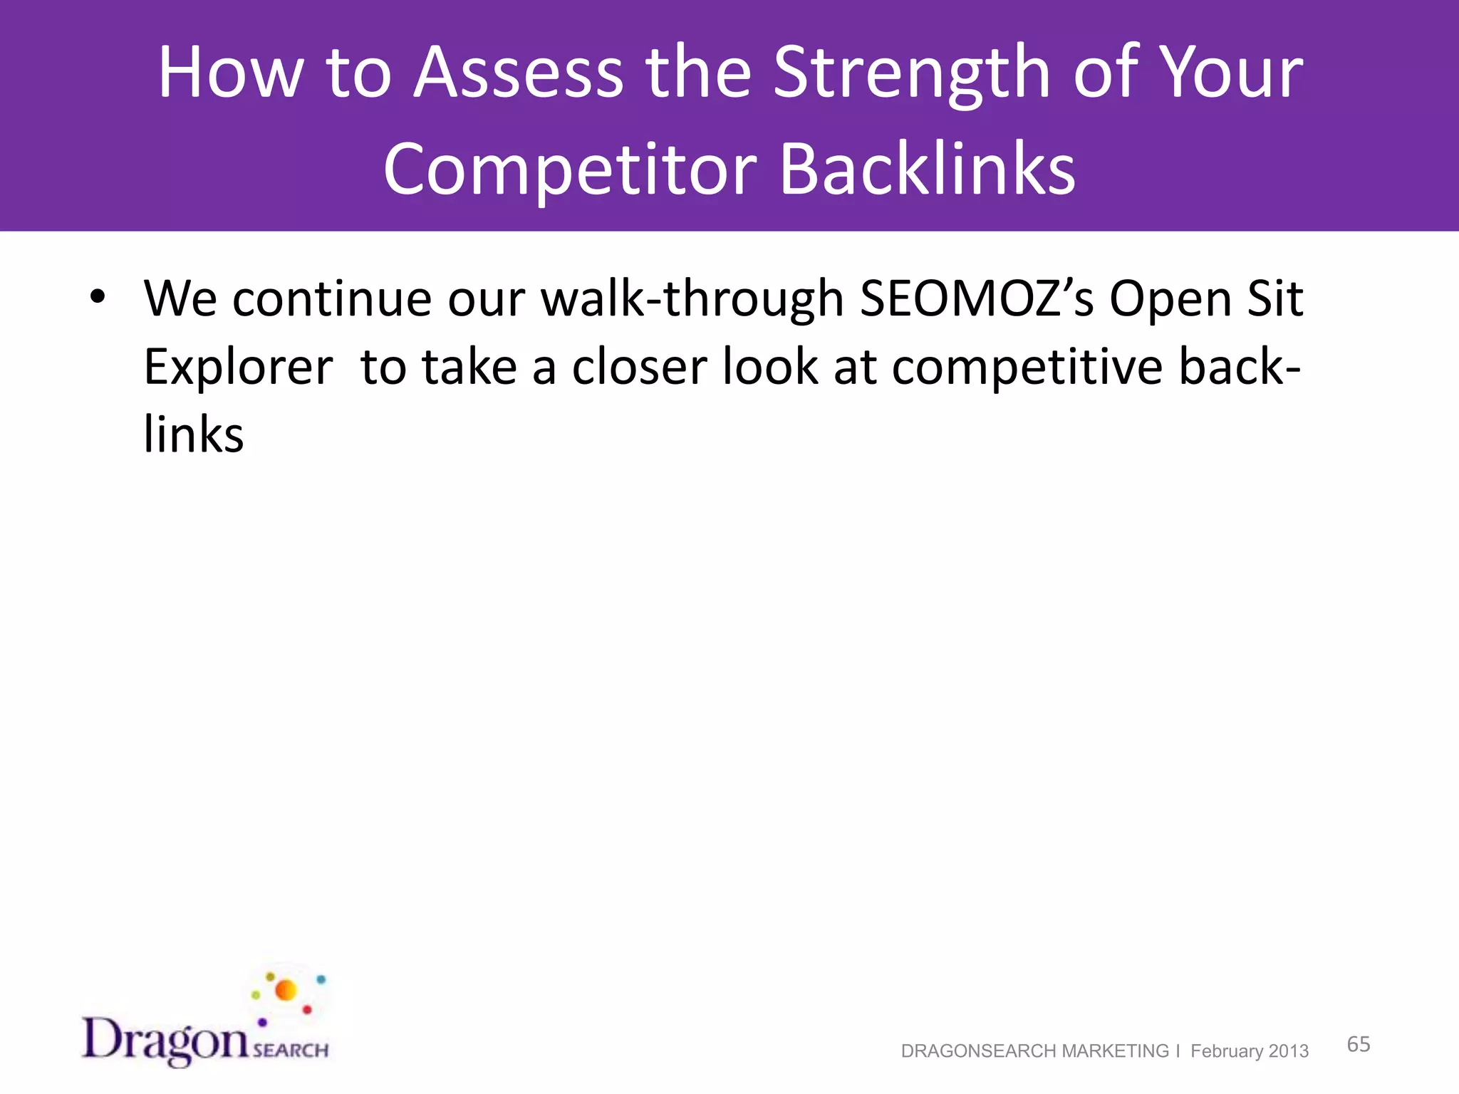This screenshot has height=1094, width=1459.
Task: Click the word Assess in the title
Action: [x=519, y=73]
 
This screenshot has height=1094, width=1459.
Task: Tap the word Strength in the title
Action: [x=912, y=73]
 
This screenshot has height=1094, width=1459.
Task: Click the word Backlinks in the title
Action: [x=928, y=170]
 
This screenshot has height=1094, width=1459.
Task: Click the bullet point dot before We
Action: [x=98, y=296]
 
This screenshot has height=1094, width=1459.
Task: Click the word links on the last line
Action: [x=194, y=434]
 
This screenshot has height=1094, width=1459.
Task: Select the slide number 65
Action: [x=1359, y=1044]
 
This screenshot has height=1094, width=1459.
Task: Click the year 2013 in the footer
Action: [x=1288, y=1051]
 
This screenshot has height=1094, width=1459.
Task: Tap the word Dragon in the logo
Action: [x=165, y=1040]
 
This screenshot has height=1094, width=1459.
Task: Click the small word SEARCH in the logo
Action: [x=291, y=1051]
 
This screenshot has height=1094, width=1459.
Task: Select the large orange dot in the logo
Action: [x=286, y=990]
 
